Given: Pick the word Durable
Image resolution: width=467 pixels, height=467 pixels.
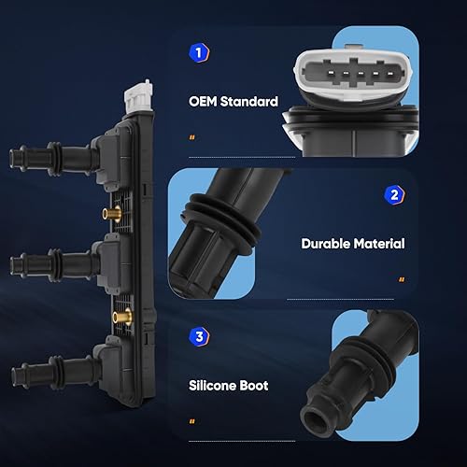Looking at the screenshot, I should tap(327, 243).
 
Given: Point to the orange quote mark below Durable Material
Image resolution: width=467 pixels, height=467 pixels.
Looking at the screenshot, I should tap(402, 279).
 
